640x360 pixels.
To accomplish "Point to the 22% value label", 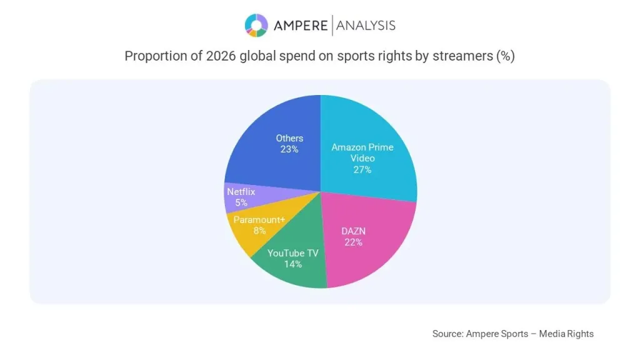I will tap(353, 242).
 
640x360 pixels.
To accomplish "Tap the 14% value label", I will tap(293, 264).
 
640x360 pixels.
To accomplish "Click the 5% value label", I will tap(241, 202).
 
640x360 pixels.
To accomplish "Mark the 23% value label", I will tap(289, 149).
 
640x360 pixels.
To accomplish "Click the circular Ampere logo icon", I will tap(256, 25).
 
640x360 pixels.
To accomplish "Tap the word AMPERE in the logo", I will tap(301, 25).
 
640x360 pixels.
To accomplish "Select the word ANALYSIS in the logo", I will tap(366, 25).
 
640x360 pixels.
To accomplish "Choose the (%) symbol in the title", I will tap(505, 56).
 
